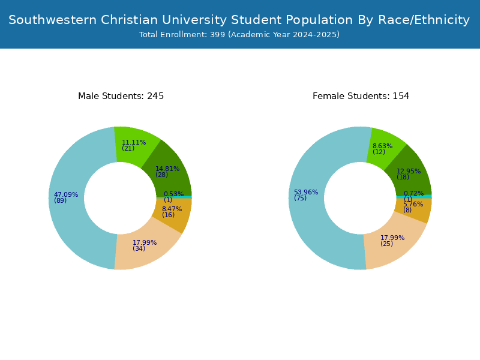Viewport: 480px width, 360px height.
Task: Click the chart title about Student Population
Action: [239, 20]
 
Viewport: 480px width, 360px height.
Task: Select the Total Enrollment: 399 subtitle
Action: [239, 35]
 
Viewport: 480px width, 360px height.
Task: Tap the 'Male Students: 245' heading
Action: [121, 96]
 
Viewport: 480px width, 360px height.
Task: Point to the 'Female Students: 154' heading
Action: [361, 96]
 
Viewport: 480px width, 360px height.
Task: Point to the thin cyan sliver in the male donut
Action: [174, 197]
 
